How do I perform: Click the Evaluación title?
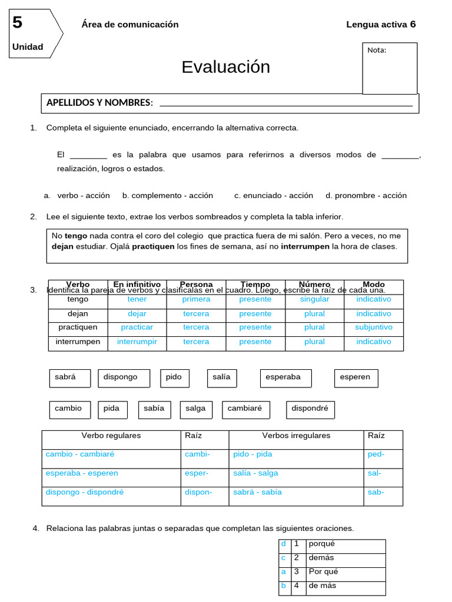click(x=225, y=67)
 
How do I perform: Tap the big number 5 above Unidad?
click(x=17, y=23)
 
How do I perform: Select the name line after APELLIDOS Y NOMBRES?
click(x=286, y=103)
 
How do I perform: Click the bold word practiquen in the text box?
click(x=153, y=246)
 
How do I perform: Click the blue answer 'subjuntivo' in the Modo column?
click(x=373, y=327)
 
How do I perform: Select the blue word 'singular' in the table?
click(x=314, y=299)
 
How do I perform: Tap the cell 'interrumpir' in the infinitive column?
click(x=137, y=342)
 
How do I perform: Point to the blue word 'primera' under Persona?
click(x=196, y=299)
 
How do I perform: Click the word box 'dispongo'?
click(x=124, y=377)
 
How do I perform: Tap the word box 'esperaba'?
click(x=285, y=377)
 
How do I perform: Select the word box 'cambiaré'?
click(x=245, y=409)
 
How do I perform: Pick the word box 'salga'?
click(x=195, y=409)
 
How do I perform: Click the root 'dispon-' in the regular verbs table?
click(x=198, y=492)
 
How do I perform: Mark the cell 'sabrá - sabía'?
click(x=257, y=492)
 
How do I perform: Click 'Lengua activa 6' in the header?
click(x=381, y=24)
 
